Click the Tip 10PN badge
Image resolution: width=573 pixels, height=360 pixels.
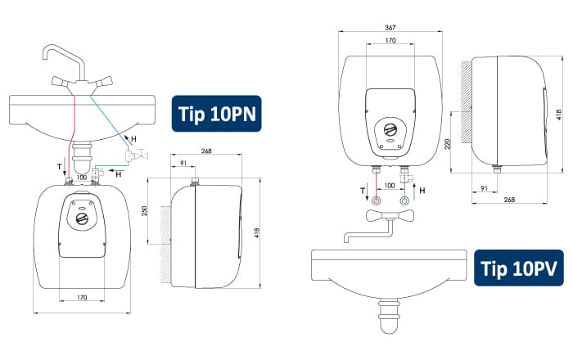(217, 114)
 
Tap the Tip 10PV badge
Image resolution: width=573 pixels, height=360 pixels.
(518, 268)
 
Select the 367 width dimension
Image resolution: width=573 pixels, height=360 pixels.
(390, 27)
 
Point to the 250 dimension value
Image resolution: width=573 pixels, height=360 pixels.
(144, 210)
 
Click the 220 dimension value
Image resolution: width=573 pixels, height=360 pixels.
(449, 144)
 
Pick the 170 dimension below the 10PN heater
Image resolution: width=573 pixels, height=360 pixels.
(82, 298)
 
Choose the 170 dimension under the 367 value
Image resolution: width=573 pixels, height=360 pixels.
(390, 41)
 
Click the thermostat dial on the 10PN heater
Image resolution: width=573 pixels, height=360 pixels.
(82, 218)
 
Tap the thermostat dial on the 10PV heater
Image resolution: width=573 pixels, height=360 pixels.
(390, 129)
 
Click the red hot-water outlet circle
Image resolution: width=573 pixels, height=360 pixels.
(376, 200)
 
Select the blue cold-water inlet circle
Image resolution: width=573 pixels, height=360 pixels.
(404, 200)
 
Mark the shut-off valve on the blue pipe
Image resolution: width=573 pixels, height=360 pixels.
(137, 156)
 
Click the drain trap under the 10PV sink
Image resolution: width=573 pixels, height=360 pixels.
(389, 316)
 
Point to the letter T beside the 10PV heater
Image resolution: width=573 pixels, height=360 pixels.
(363, 190)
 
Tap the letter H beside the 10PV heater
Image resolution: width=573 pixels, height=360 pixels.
(422, 190)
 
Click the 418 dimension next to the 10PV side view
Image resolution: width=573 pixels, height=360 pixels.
(559, 115)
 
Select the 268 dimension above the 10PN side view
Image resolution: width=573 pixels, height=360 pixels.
(206, 151)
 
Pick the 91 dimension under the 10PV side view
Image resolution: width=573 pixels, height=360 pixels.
(484, 188)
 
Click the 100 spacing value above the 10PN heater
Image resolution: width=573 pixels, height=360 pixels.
(82, 178)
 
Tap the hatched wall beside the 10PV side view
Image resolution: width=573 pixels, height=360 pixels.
(467, 102)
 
